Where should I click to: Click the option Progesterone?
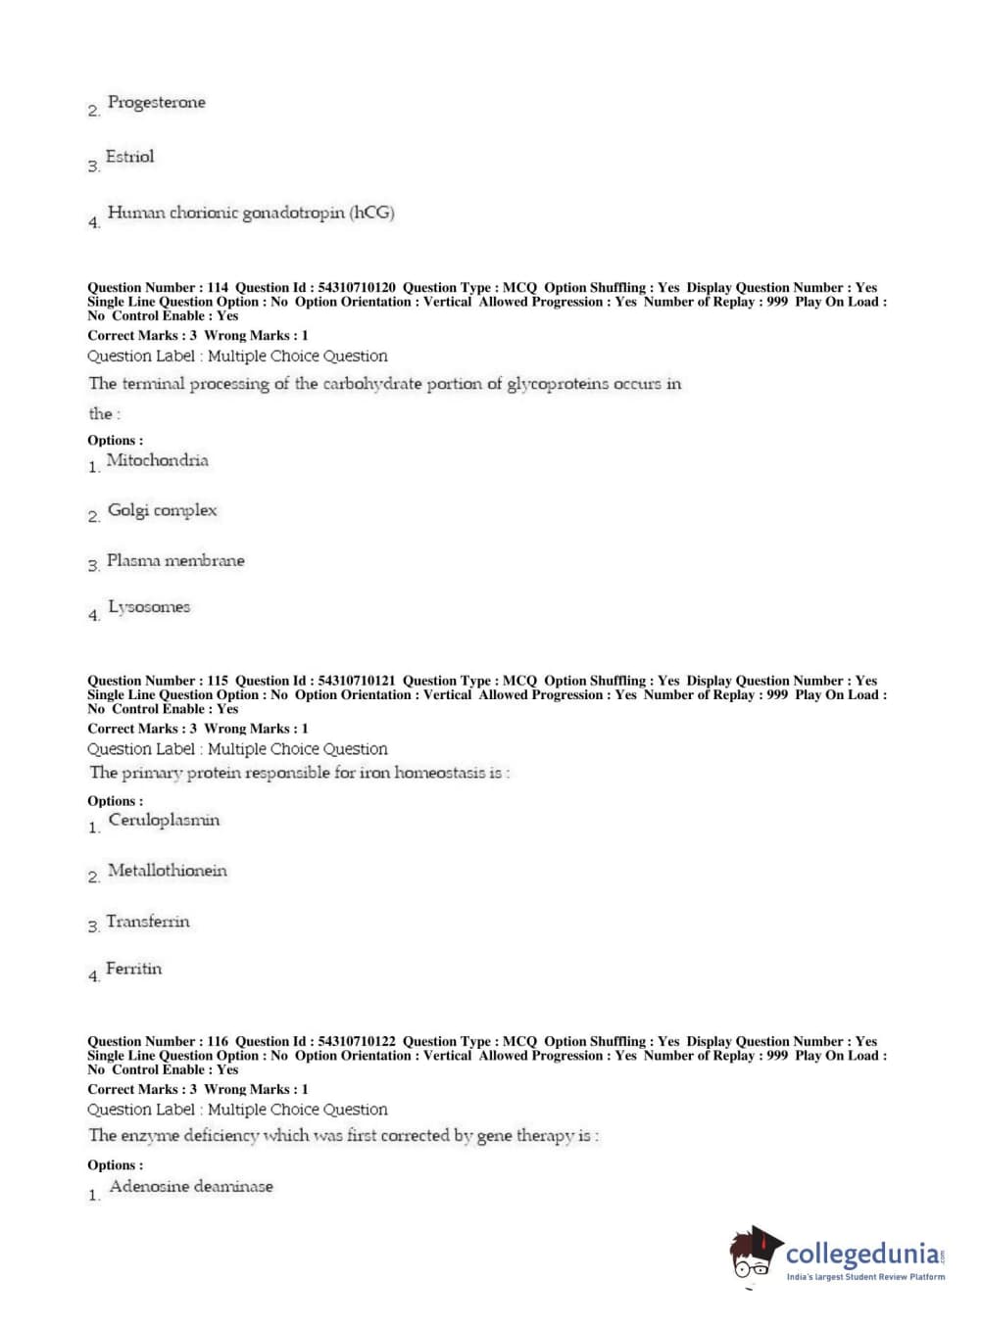[x=156, y=103]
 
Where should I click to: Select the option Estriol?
[x=129, y=157]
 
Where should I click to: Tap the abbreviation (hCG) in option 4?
[x=371, y=213]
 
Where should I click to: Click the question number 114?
[x=218, y=288]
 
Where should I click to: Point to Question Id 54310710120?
[x=357, y=288]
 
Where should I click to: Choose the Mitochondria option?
[x=157, y=460]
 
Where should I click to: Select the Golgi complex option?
[x=162, y=510]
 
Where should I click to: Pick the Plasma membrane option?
[x=175, y=561]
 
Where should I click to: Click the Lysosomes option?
[x=149, y=607]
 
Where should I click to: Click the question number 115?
[x=218, y=681]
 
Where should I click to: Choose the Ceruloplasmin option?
[x=164, y=821]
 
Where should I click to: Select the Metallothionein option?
[x=167, y=871]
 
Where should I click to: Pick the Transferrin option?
[x=148, y=922]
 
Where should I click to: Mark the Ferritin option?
[x=133, y=969]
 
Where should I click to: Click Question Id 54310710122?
[x=357, y=1042]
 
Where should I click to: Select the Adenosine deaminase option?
[x=191, y=1186]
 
